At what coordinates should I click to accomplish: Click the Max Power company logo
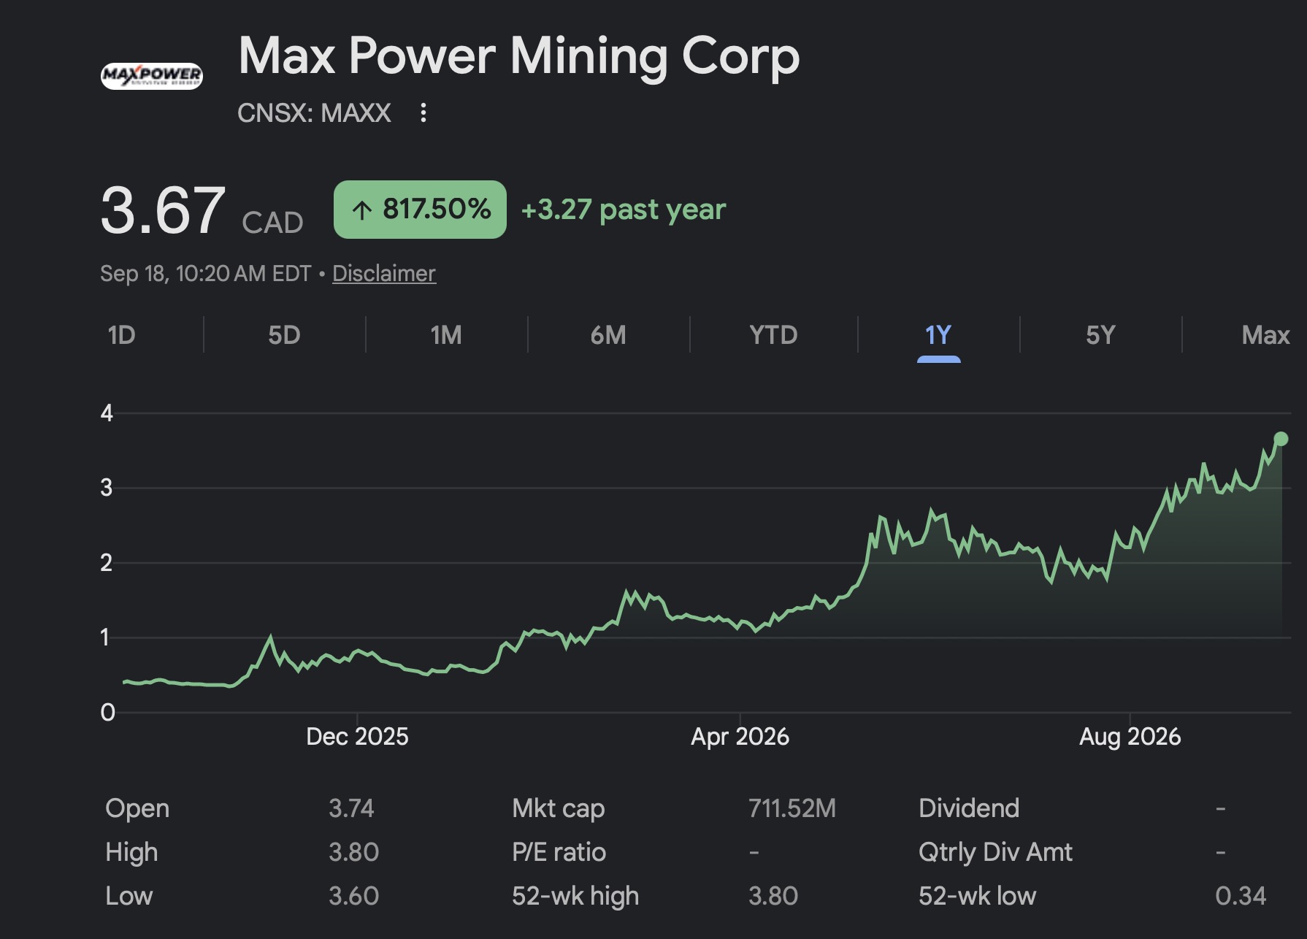(x=152, y=75)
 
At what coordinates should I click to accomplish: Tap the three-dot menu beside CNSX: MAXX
(x=423, y=112)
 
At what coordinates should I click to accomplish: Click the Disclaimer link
(x=384, y=273)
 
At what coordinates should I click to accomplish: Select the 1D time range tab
(x=121, y=335)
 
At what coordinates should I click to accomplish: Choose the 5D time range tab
(x=284, y=335)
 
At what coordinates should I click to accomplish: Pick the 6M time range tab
(x=608, y=335)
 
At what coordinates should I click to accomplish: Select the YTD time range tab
(x=773, y=335)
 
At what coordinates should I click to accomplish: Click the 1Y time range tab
(x=938, y=335)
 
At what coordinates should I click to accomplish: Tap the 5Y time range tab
(x=1100, y=335)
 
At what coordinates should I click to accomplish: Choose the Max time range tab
(x=1265, y=335)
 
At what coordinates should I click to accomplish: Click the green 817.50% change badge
(x=420, y=210)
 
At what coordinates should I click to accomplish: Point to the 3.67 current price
(x=163, y=210)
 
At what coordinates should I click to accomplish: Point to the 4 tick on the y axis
(x=107, y=413)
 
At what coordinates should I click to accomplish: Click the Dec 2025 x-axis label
(x=357, y=736)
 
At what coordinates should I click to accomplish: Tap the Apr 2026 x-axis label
(x=740, y=736)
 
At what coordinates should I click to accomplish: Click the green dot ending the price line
(x=1281, y=439)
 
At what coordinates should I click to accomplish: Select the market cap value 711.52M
(x=792, y=808)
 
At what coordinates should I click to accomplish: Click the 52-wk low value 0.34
(x=1241, y=896)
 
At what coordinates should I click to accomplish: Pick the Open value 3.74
(x=351, y=808)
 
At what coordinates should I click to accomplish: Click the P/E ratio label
(x=559, y=852)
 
